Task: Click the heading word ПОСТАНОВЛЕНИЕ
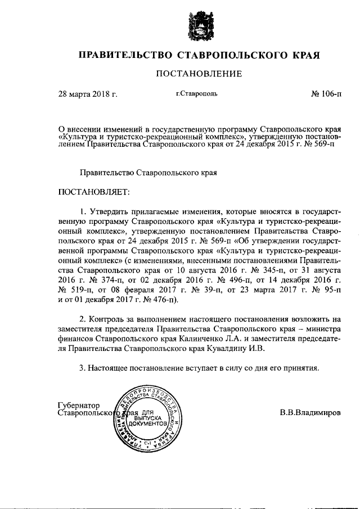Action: pyautogui.click(x=199, y=74)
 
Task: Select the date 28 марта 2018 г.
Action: pyautogui.click(x=88, y=94)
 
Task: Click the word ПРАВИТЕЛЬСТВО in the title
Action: pyautogui.click(x=125, y=56)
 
